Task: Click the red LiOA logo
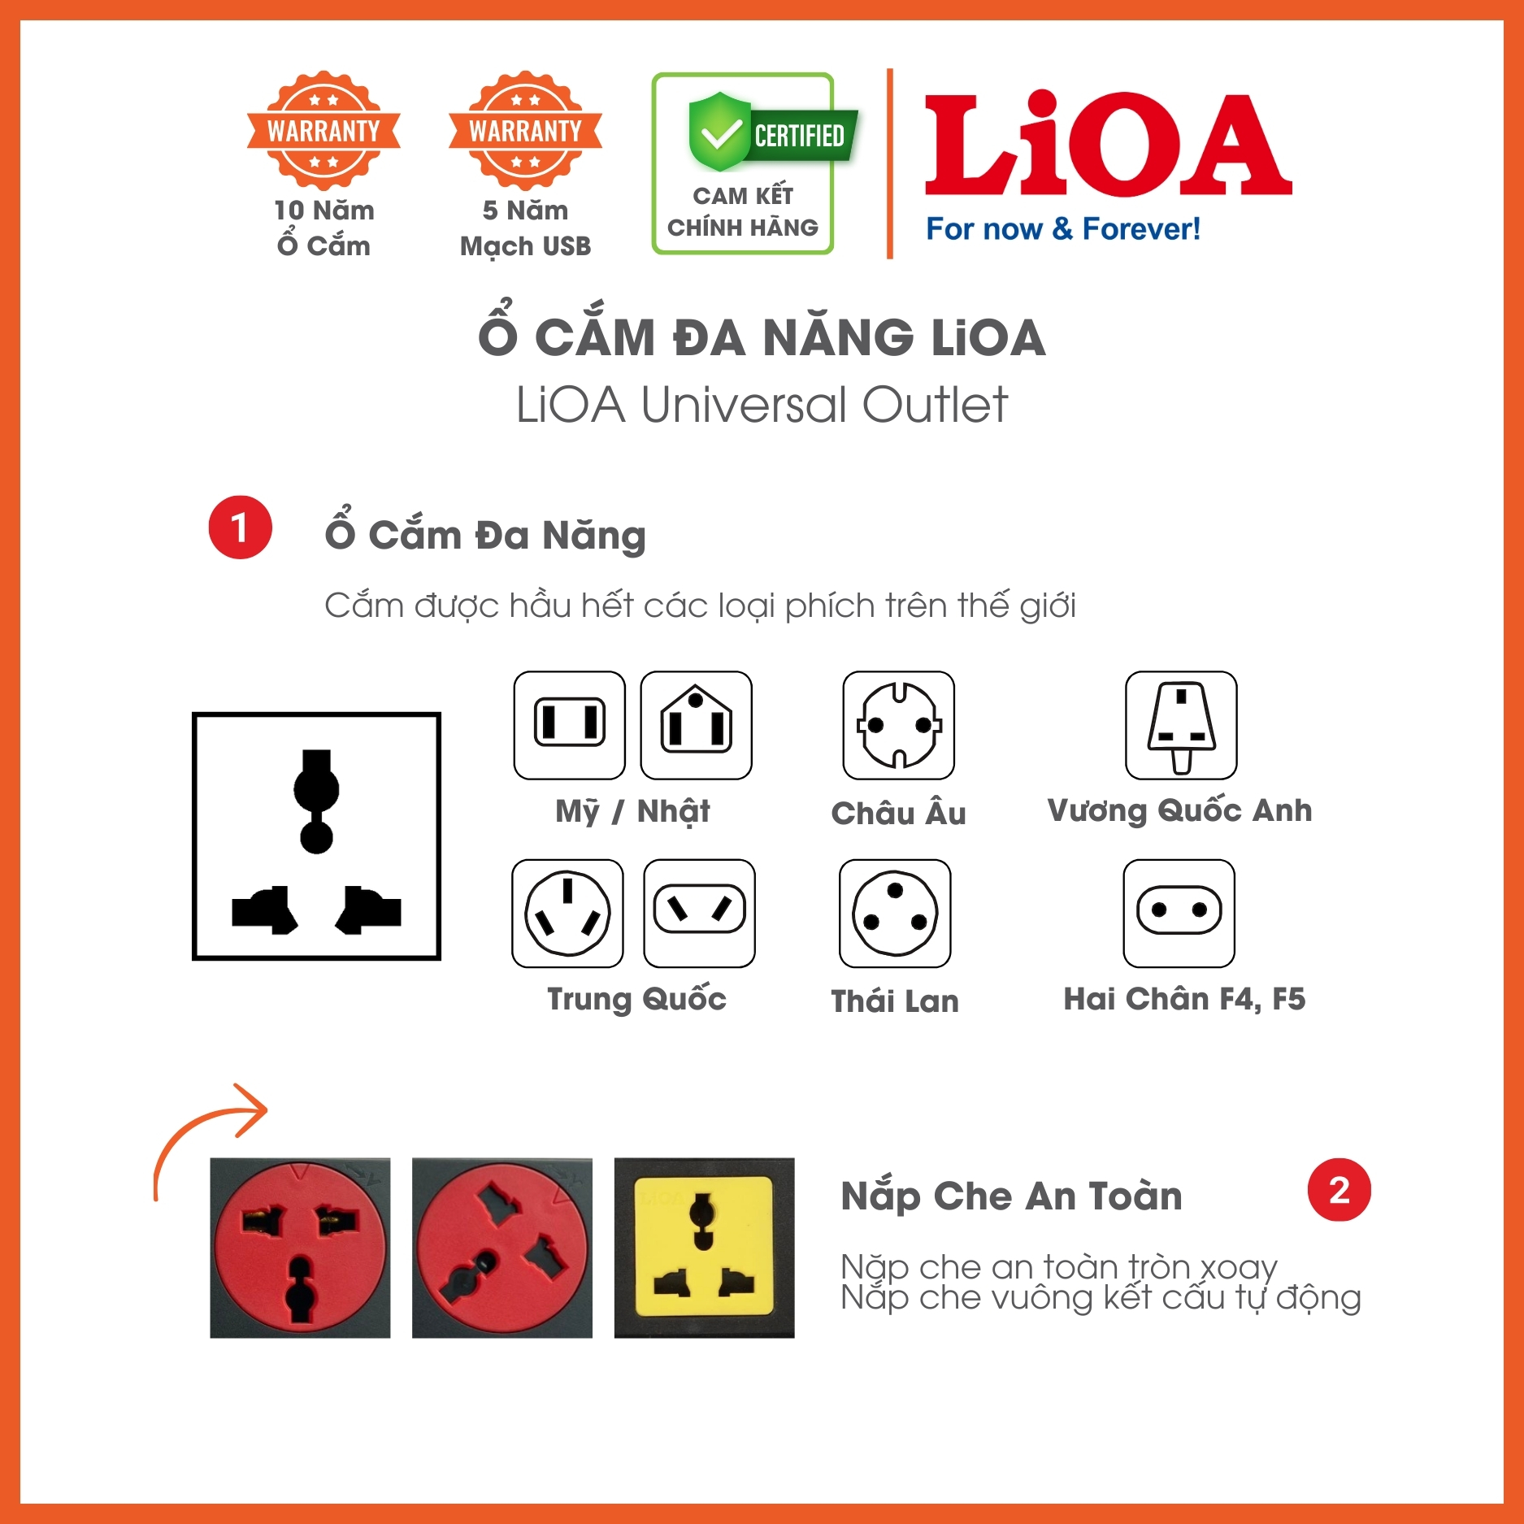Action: click(x=1107, y=145)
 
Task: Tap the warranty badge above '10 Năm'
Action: click(x=323, y=130)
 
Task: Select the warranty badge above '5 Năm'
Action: click(x=525, y=130)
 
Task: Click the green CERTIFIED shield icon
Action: click(x=720, y=132)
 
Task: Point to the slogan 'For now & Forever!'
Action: click(x=1062, y=229)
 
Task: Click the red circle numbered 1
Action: click(x=240, y=527)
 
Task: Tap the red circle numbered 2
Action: click(x=1338, y=1190)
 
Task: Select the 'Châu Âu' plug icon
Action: click(x=898, y=724)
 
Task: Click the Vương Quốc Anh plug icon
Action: click(x=1180, y=724)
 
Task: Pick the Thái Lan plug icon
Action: click(x=894, y=913)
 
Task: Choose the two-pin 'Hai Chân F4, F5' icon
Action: click(x=1179, y=913)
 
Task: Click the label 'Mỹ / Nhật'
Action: click(x=632, y=810)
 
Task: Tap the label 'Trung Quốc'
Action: click(x=636, y=998)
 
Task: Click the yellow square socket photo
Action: click(x=704, y=1247)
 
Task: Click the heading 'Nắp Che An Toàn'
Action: click(x=1011, y=1196)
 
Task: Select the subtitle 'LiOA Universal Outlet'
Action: click(x=762, y=404)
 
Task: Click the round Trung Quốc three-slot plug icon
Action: click(x=567, y=913)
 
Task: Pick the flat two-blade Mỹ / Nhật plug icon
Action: click(x=569, y=724)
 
